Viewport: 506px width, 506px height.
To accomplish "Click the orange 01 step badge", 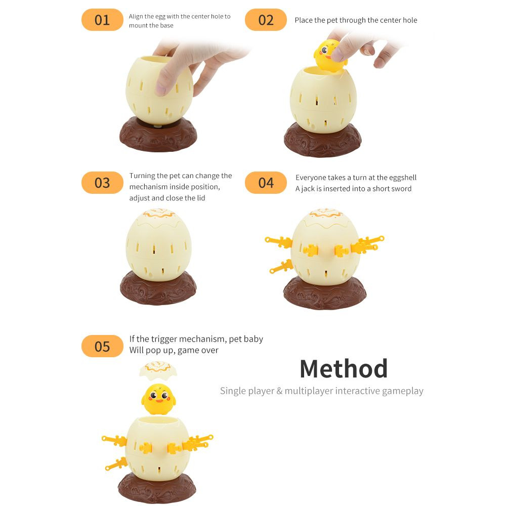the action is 102,20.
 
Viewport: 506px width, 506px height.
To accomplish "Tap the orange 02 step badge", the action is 266,20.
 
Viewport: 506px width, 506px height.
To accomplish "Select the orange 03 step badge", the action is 102,183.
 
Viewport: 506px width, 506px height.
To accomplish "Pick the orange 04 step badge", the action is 266,183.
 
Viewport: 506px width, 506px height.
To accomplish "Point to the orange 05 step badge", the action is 102,346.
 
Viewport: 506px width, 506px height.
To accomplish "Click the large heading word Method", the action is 344,368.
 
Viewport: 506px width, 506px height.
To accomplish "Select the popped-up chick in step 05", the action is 158,399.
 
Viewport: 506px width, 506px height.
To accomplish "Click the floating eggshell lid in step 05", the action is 158,370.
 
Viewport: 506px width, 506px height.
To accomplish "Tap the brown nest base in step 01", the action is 158,135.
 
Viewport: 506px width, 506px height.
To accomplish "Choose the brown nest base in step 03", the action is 158,288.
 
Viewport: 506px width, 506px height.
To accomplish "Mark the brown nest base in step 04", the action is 325,293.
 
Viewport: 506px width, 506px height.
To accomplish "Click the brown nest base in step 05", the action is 157,488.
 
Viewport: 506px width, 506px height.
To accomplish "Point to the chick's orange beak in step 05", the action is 159,400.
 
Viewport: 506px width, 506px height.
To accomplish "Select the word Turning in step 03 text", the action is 142,176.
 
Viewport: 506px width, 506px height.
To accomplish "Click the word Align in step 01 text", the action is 135,17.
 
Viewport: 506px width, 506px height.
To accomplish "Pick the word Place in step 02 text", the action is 303,20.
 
